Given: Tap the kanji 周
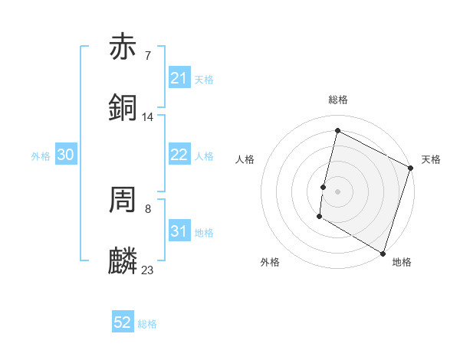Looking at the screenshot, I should [123, 200].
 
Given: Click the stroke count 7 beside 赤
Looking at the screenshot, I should [147, 55].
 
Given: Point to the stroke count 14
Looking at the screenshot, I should [148, 117].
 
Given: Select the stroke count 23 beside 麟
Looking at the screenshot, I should [148, 270].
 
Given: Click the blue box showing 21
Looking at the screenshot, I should [179, 78].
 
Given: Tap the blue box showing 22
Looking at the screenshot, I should [179, 155].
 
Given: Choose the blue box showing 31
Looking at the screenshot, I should [179, 231].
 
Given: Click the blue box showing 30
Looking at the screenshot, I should [66, 155].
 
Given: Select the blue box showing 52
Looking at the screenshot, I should [123, 322].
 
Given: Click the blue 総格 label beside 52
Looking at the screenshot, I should [147, 324].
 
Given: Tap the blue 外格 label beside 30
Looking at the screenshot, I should [41, 156].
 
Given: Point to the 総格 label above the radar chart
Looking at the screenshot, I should [337, 100].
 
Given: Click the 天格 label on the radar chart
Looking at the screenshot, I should [431, 159].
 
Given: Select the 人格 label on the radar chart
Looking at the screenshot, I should [245, 159].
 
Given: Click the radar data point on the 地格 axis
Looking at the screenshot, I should [383, 253].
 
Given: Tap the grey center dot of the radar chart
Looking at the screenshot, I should [337, 191].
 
